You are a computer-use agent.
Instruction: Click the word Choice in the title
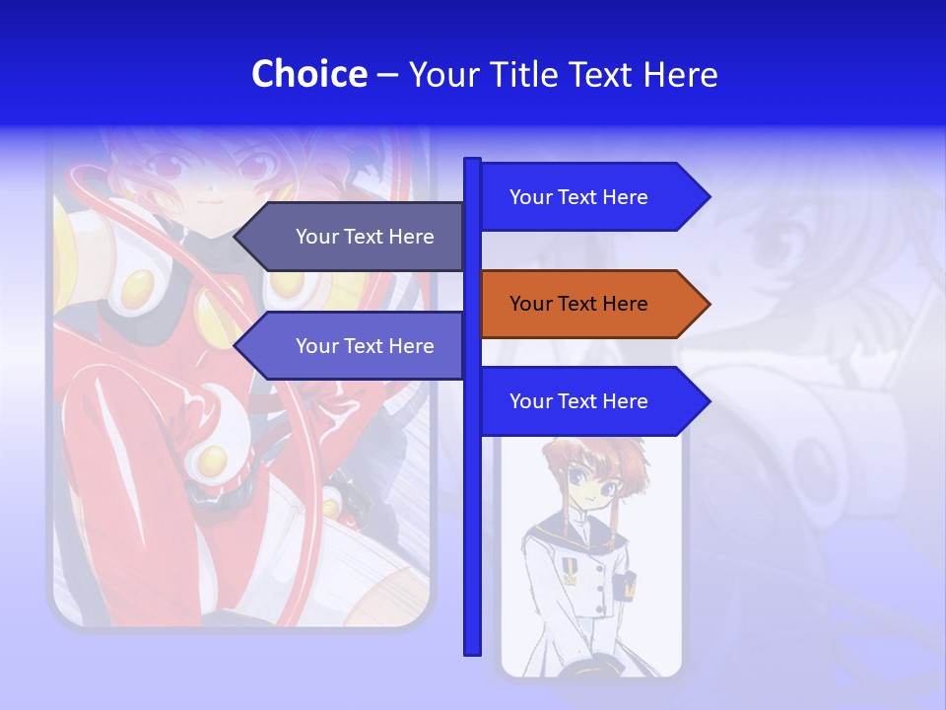308,74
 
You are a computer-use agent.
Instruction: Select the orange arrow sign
591,304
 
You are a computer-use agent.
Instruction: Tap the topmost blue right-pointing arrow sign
591,197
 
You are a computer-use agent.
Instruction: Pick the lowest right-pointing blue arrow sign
591,401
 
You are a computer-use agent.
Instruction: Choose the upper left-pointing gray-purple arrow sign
355,237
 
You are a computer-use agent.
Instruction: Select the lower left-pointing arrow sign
355,346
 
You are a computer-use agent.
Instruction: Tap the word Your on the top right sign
530,197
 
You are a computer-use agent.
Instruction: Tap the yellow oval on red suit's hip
211,460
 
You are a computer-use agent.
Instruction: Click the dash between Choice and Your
387,75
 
